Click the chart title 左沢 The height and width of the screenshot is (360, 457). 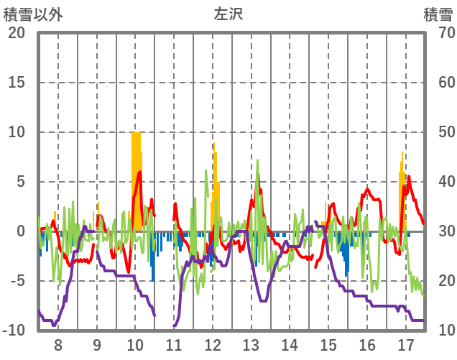click(x=228, y=14)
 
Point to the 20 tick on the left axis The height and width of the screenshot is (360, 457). click(x=17, y=33)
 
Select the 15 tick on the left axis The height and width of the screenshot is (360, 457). click(x=17, y=83)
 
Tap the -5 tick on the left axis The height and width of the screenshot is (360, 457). click(x=17, y=281)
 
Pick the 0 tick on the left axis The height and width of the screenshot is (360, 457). click(x=21, y=231)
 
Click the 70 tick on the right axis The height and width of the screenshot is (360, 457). click(x=439, y=33)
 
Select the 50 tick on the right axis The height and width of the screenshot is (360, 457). click(x=439, y=132)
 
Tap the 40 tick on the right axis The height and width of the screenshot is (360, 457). click(x=439, y=182)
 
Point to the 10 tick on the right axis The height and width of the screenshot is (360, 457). click(x=439, y=331)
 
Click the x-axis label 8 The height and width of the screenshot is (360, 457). click(x=58, y=344)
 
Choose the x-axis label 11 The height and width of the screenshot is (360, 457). click(x=174, y=344)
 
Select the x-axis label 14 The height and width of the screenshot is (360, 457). click(x=290, y=344)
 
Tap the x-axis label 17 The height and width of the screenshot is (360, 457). click(x=405, y=344)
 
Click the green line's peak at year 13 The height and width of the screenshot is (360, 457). click(x=257, y=160)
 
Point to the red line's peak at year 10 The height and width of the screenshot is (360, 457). click(x=140, y=172)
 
